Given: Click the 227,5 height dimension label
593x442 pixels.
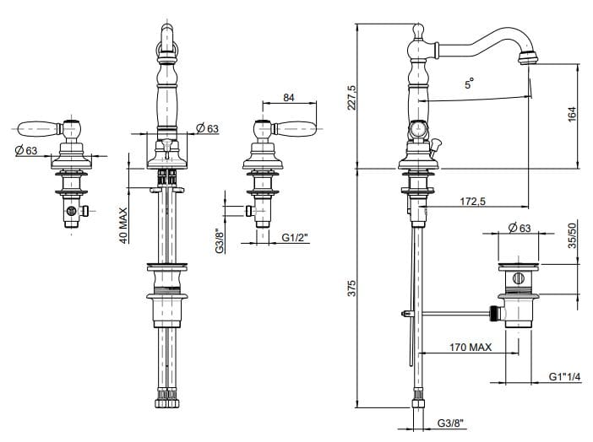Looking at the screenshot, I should tap(353, 95).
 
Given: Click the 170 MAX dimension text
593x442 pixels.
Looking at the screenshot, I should tap(470, 346).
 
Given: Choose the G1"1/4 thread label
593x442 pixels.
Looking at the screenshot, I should tap(564, 377).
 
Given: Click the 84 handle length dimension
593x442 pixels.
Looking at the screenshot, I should tap(289, 98).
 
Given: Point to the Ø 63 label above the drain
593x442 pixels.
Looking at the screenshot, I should tap(519, 227).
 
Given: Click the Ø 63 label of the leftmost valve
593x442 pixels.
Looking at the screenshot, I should tap(26, 151).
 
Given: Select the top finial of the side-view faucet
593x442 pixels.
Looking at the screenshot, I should tap(416, 30).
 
